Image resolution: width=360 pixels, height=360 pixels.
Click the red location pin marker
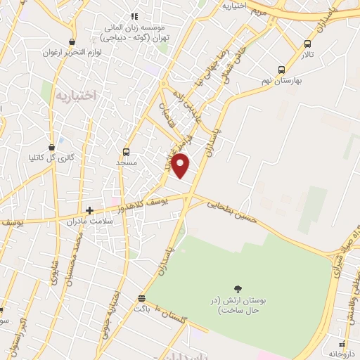[x=181, y=165]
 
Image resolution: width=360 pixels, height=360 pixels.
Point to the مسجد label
[x=126, y=162]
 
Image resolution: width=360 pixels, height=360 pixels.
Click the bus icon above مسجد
[x=126, y=152]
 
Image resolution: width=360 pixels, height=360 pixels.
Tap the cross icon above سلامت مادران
[x=89, y=210]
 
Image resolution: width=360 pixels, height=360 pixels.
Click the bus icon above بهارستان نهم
[x=281, y=70]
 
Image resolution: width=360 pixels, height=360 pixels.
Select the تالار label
[x=307, y=54]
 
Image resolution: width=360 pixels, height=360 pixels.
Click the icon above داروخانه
[x=342, y=344]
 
